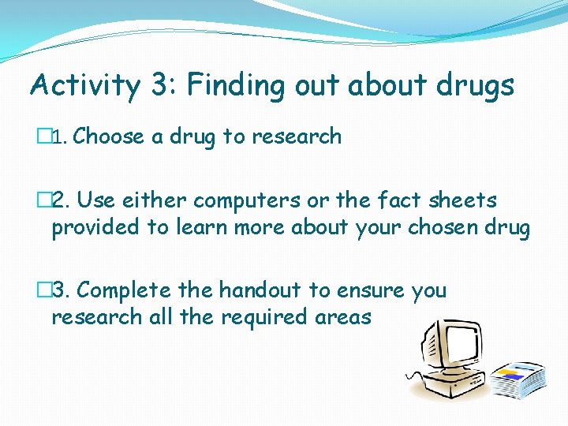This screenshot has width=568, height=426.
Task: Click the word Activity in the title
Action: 84,86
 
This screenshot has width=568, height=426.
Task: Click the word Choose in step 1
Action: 109,136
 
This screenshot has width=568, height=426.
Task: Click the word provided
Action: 95,228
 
